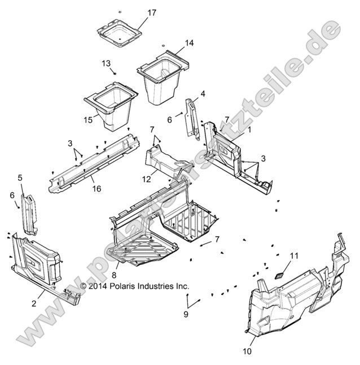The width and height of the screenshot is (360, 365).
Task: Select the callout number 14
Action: point(189,43)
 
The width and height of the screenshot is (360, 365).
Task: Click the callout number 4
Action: point(203,93)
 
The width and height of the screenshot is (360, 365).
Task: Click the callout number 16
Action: point(96,189)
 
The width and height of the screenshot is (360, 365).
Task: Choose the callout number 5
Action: point(20,178)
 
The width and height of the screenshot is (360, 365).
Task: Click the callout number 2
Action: point(34,303)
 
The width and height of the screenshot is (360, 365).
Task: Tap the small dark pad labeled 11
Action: point(280,274)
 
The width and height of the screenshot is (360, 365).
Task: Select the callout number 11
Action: point(293,257)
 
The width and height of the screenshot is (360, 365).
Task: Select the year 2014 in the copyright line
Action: point(98,286)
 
